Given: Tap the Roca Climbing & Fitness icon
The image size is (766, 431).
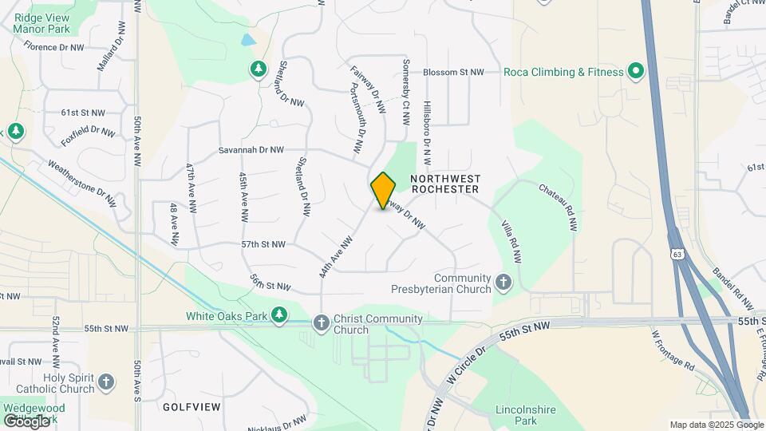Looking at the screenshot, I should point(636,72).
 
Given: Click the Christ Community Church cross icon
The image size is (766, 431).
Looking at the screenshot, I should point(321,322).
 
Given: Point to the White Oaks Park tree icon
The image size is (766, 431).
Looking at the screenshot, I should point(278,316).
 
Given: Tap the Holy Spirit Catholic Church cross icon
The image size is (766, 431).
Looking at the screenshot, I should point(107,382).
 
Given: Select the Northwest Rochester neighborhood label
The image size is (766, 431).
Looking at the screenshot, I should point(444,184).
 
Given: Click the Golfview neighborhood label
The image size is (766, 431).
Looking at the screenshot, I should point(191,406).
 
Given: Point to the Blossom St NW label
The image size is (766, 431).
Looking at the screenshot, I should point(453,72).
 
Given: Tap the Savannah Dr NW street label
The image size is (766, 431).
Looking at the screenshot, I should point(251,149).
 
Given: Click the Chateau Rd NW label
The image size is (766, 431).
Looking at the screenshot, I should point(558,205).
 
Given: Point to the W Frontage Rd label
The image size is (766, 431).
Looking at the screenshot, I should point(673,350).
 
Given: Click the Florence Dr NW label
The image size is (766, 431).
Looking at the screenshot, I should point(54,47).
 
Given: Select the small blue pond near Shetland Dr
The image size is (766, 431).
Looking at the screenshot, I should point(249,39).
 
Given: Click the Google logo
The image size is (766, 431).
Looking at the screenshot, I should point(26,421).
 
